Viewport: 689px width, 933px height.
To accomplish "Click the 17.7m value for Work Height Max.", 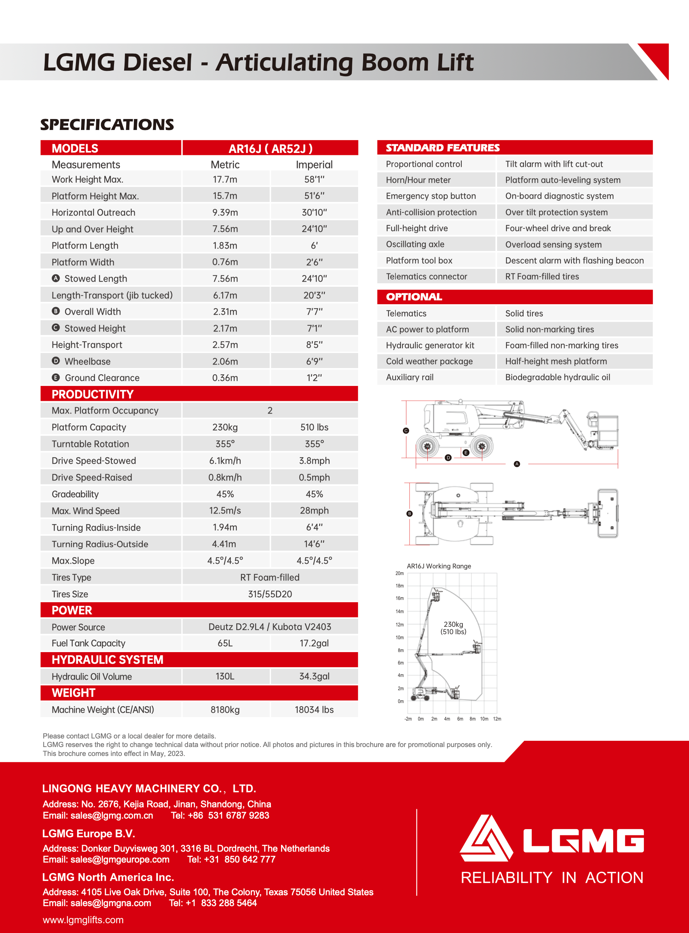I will point(225,179).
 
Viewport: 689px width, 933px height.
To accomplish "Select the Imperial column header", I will point(314,165).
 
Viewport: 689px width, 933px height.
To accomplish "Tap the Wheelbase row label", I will point(87,361).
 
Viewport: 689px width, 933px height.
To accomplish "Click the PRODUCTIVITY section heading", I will point(93,394).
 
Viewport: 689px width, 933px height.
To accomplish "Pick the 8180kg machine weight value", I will point(225,710).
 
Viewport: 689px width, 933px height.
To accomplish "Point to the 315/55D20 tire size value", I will point(270,594).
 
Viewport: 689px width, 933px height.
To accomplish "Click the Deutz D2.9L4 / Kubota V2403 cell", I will point(270,626).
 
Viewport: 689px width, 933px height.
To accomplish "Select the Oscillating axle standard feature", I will point(415,244).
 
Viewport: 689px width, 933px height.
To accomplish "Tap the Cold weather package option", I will point(429,361).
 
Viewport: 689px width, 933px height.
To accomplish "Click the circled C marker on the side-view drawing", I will point(406,431).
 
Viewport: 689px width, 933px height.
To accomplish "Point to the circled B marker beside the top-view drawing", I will point(409,514).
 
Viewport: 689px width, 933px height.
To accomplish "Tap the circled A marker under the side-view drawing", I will point(517,464).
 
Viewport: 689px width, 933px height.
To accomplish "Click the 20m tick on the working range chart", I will point(399,573).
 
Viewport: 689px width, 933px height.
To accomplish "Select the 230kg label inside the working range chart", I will point(453,624).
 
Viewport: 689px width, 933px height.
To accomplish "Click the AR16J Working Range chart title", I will point(439,566).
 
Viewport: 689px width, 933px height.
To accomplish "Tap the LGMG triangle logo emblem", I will point(486,839).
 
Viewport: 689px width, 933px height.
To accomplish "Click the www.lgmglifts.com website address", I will point(83,920).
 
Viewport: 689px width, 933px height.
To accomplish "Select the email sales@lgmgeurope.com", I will point(120,859).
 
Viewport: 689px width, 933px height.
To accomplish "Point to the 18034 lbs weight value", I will point(314,710).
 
